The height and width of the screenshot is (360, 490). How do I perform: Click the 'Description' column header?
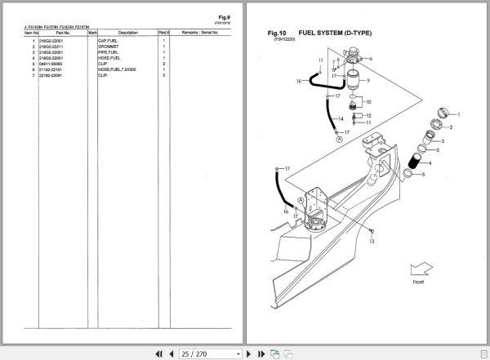pos(128,33)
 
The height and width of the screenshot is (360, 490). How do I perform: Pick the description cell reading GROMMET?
pos(109,46)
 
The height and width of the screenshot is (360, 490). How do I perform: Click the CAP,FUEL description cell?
pos(109,40)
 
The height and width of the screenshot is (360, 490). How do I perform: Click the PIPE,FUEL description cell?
pos(109,51)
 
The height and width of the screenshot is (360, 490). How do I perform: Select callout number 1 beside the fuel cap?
pos(459,115)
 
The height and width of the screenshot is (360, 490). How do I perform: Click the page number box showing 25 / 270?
pos(200,353)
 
